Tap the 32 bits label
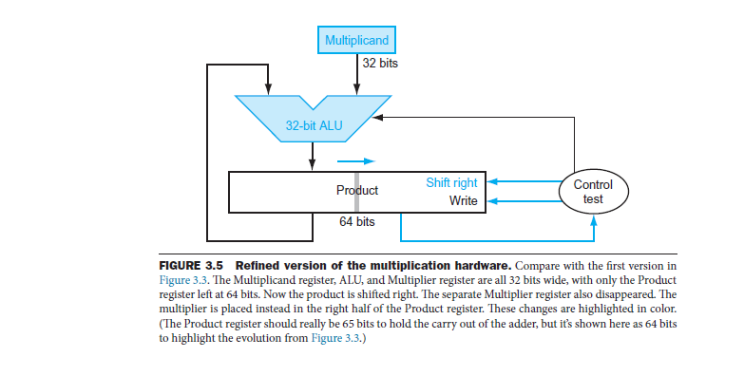381,65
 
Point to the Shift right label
451,181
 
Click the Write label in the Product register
464,201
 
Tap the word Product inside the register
357,191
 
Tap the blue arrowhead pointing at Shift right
493,181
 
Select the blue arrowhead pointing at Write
493,201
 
